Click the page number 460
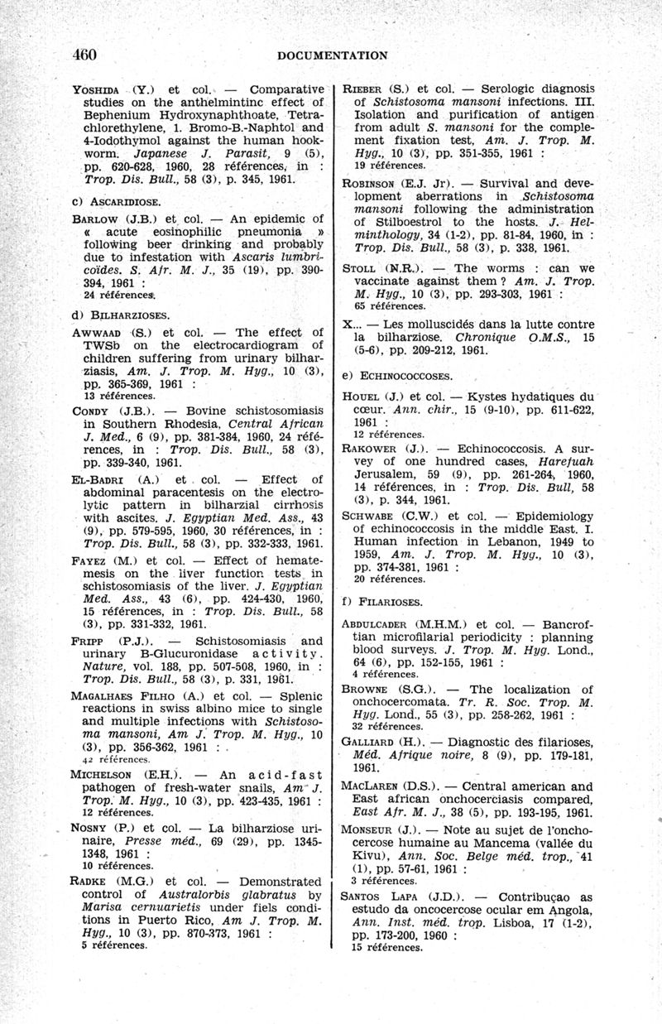click(84, 55)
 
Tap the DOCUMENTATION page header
click(333, 55)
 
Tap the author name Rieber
click(364, 89)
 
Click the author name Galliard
click(372, 742)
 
